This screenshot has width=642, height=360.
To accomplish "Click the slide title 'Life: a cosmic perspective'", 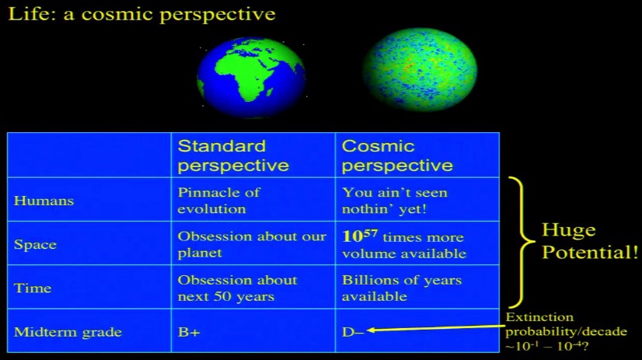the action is (141, 14).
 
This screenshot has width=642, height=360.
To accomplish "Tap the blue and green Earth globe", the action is (251, 78).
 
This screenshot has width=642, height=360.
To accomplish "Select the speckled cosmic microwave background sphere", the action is (420, 69).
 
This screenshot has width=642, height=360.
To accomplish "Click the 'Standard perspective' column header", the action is (233, 156).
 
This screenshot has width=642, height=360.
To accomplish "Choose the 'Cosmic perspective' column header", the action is (397, 156).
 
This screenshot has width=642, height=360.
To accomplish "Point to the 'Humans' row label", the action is (44, 201).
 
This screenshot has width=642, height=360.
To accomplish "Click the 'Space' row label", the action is (35, 244).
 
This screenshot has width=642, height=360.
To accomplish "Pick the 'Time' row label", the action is (33, 288).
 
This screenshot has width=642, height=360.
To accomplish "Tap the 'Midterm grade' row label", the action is (68, 332).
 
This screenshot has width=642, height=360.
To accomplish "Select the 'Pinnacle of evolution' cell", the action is (218, 201).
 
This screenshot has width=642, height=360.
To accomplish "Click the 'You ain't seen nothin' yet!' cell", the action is (395, 201).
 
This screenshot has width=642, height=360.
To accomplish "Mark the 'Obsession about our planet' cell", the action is (252, 244).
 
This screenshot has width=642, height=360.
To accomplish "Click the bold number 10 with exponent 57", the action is (360, 236).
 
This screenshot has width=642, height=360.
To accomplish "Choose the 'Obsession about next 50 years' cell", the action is (238, 288).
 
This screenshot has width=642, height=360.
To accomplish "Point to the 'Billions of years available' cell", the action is (402, 288).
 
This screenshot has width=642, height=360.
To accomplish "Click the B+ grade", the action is (189, 332).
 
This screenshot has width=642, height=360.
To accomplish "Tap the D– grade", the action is (353, 332).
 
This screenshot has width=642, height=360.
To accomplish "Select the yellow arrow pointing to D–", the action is (436, 328).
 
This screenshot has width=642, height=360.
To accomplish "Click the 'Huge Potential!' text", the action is (590, 241).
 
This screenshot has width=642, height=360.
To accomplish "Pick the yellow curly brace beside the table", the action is (522, 242).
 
